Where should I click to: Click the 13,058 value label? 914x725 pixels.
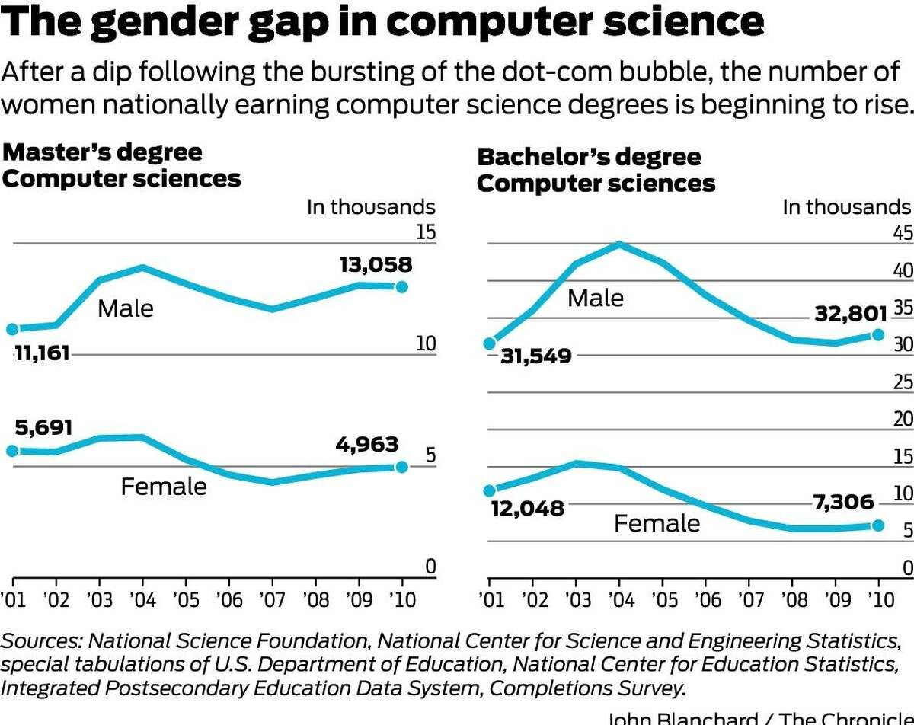(376, 265)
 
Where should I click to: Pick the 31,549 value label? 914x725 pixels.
(535, 356)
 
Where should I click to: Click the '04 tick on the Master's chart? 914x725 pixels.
(142, 600)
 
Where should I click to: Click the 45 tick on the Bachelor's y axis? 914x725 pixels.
(903, 233)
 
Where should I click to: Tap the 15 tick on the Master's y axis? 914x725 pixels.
(426, 232)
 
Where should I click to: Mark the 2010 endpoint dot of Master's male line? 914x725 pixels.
(401, 286)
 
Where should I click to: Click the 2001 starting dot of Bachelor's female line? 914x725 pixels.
(490, 491)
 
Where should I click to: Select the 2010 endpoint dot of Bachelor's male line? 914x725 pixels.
(877, 334)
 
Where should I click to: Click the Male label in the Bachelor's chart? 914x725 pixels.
(595, 298)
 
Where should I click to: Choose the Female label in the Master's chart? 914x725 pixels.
(163, 486)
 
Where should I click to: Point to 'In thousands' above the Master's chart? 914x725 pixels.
(371, 207)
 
